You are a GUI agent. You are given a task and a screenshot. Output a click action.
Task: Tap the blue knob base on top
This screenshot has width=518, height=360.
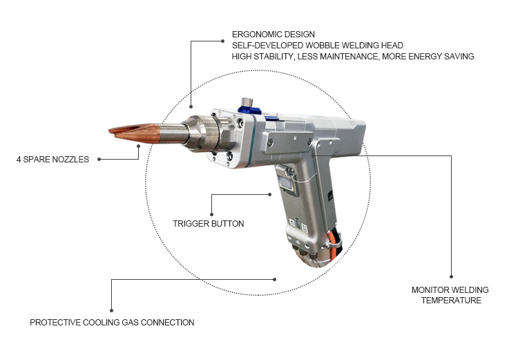pyautogui.click(x=250, y=111)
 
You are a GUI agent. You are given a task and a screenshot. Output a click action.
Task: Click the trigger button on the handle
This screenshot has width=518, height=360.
pyautogui.click(x=286, y=183)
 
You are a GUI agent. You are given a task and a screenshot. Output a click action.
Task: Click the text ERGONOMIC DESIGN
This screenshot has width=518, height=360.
pyautogui.click(x=274, y=35)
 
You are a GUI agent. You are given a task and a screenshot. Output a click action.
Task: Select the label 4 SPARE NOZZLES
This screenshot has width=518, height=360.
pyautogui.click(x=53, y=160)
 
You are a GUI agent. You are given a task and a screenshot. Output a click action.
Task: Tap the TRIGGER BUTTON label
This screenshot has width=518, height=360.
pyautogui.click(x=209, y=224)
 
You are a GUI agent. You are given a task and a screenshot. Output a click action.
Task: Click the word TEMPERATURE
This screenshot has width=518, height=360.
pyautogui.click(x=451, y=301)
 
